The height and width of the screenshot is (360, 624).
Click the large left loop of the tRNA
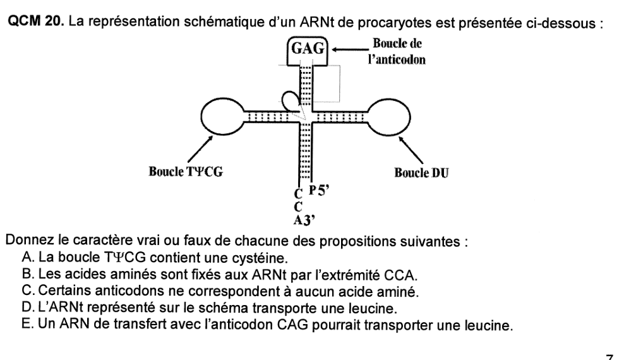click(222, 116)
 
